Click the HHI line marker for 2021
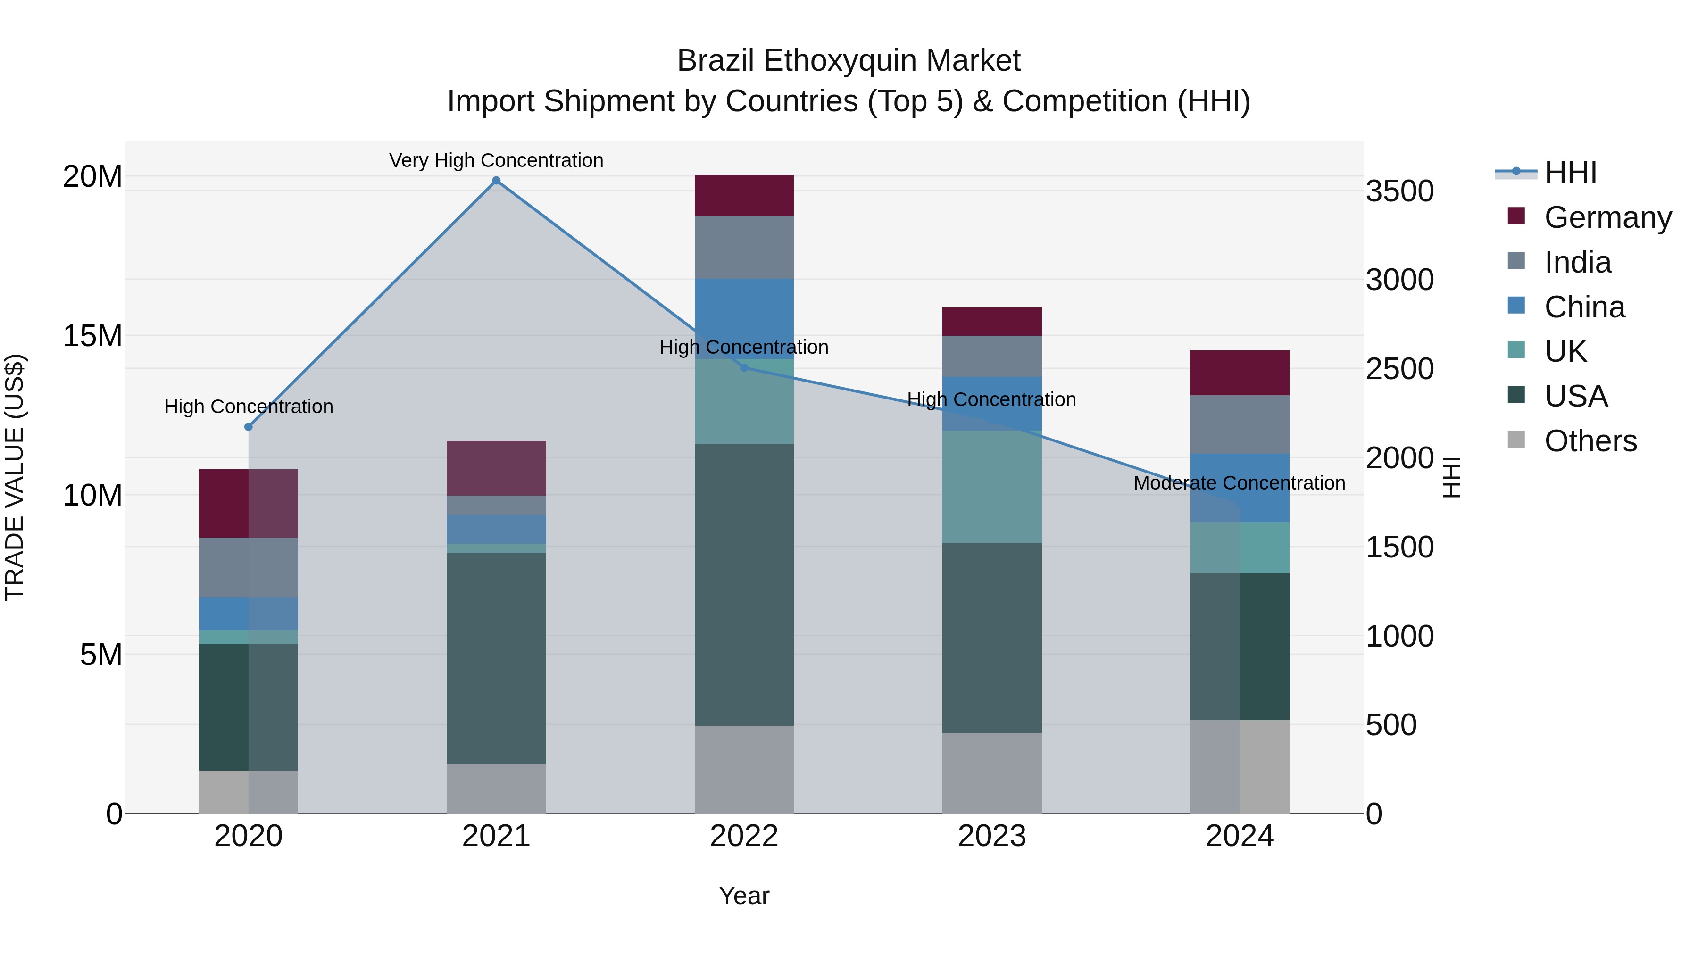[496, 181]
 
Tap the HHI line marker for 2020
[249, 427]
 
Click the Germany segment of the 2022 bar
[744, 196]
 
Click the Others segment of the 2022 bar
[744, 769]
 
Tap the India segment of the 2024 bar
[1240, 424]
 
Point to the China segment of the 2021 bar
[496, 529]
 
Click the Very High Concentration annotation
[496, 160]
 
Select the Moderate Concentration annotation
[1239, 483]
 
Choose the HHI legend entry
[1570, 173]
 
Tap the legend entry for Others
[1590, 441]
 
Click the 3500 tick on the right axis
[1399, 191]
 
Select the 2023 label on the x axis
[992, 836]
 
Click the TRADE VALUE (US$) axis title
[15, 477]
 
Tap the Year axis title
[744, 896]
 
